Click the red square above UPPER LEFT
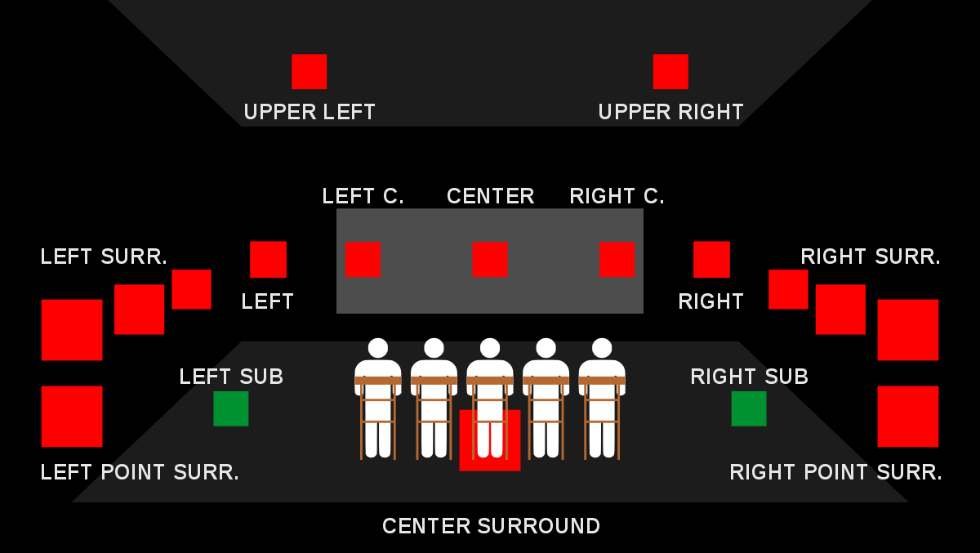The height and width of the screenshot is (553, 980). (x=309, y=71)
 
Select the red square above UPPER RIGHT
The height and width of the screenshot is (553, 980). (x=670, y=71)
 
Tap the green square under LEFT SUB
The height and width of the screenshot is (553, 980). (x=230, y=408)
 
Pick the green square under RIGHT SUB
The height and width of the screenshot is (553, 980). (x=749, y=408)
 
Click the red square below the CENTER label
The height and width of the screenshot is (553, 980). (x=489, y=260)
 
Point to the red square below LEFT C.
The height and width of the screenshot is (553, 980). (x=363, y=260)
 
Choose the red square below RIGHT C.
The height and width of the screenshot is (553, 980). (x=617, y=260)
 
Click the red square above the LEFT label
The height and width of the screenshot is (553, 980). (x=268, y=260)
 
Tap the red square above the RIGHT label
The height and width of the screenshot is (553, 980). (x=711, y=260)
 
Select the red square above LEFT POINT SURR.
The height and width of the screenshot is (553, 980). (x=72, y=417)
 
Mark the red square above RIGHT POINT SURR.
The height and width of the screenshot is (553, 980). (x=908, y=417)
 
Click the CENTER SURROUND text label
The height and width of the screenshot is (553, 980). (x=491, y=526)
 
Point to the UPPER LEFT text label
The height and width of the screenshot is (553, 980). (x=310, y=112)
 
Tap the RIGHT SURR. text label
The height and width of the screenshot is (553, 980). (x=871, y=256)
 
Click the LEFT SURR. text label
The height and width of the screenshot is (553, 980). (x=104, y=256)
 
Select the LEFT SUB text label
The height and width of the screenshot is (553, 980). (x=231, y=377)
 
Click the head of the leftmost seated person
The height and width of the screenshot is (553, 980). (x=378, y=348)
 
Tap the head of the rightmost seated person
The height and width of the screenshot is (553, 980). (x=602, y=348)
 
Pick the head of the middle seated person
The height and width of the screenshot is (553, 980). (x=489, y=348)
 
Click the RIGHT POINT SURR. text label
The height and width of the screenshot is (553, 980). (x=835, y=472)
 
